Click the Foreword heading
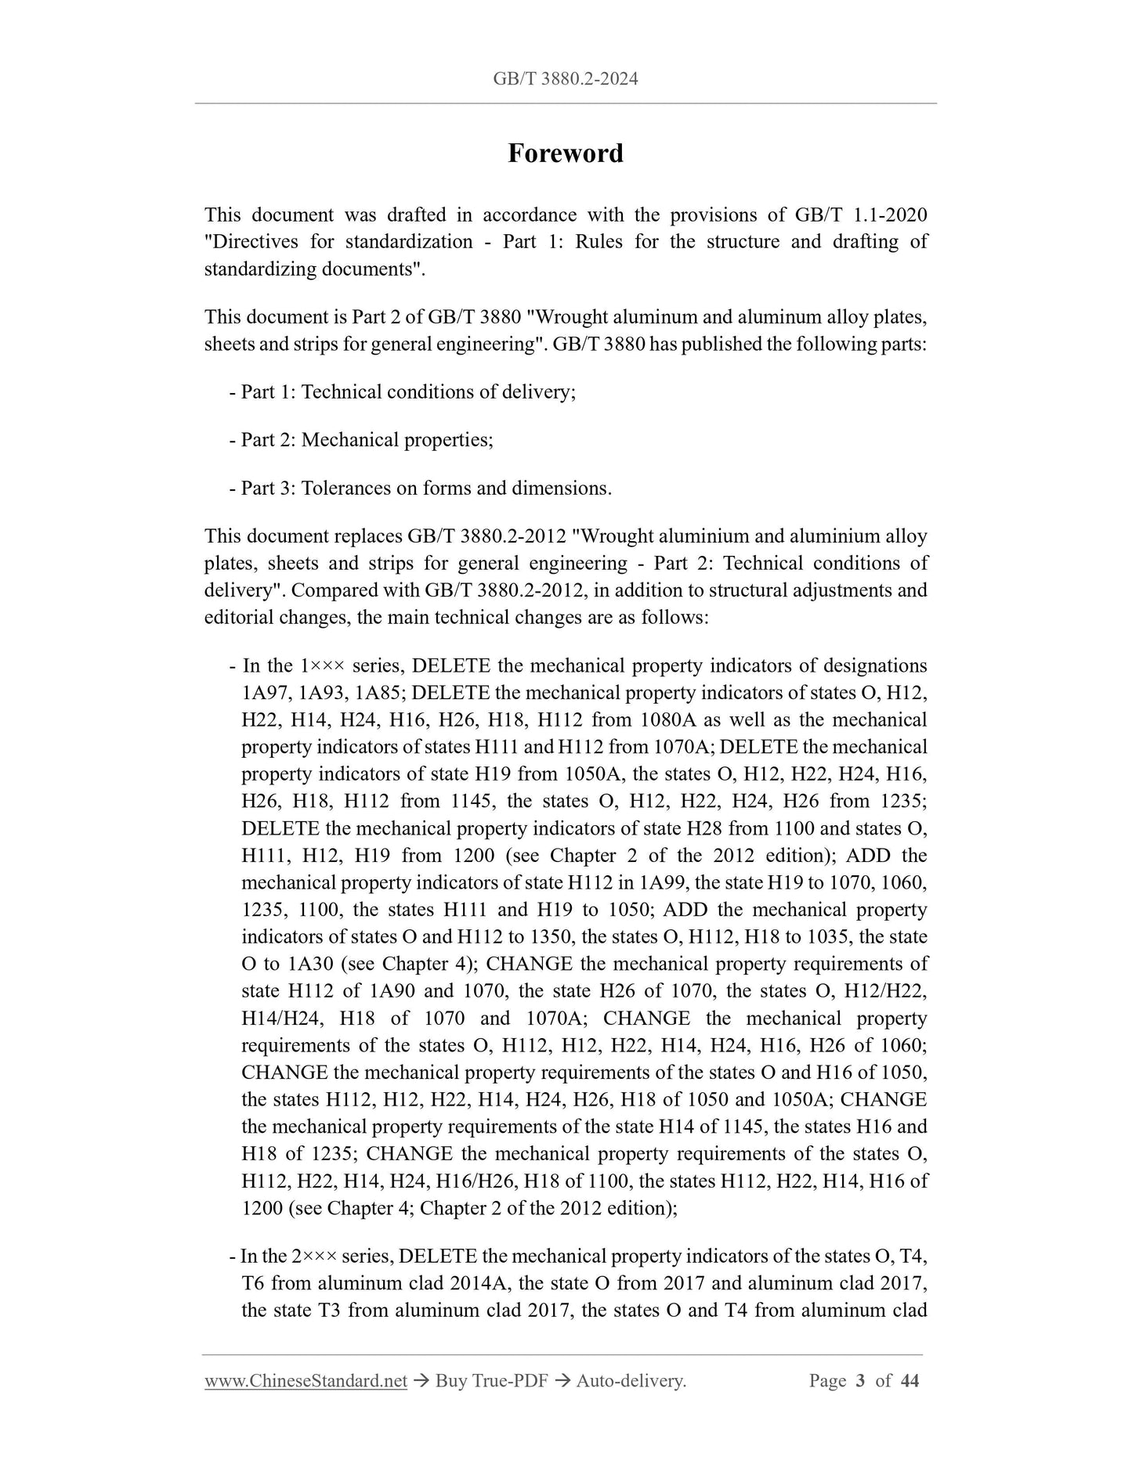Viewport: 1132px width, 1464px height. pyautogui.click(x=565, y=153)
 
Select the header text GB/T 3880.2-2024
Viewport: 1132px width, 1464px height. pyautogui.click(x=565, y=78)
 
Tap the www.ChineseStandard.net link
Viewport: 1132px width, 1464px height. pyautogui.click(x=306, y=1381)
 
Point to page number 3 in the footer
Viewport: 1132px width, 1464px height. pyautogui.click(x=860, y=1381)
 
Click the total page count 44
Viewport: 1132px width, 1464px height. pyautogui.click(x=909, y=1381)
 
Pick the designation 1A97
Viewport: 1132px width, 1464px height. pyautogui.click(x=266, y=693)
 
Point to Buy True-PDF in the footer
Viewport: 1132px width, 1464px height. pyautogui.click(x=486, y=1381)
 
